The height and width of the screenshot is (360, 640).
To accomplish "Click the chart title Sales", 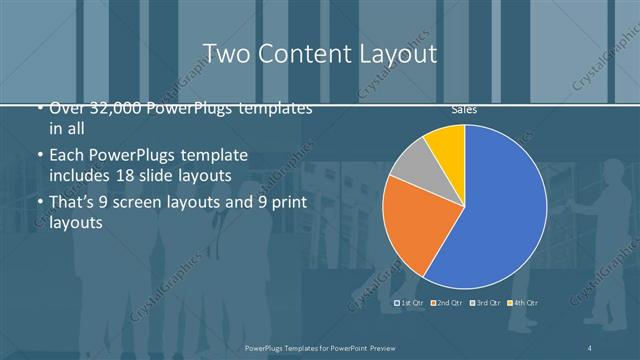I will [x=463, y=109].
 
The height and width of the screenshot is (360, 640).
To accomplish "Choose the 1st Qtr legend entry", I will [x=410, y=302].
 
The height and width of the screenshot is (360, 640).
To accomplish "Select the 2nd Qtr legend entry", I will [x=446, y=302].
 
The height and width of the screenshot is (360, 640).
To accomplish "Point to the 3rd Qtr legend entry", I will [x=484, y=302].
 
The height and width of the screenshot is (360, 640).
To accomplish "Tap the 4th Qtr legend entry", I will [x=522, y=302].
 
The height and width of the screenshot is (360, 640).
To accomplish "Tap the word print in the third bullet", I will [x=289, y=201].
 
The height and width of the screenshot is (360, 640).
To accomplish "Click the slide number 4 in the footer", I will [x=591, y=347].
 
